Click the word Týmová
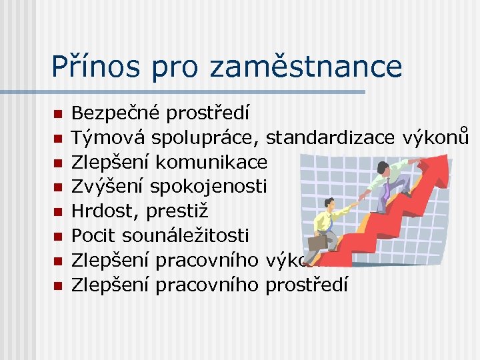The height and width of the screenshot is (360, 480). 108,137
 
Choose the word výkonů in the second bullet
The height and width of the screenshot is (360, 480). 436,136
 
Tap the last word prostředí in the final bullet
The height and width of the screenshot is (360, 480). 306,285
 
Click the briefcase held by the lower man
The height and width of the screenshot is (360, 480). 318,241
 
